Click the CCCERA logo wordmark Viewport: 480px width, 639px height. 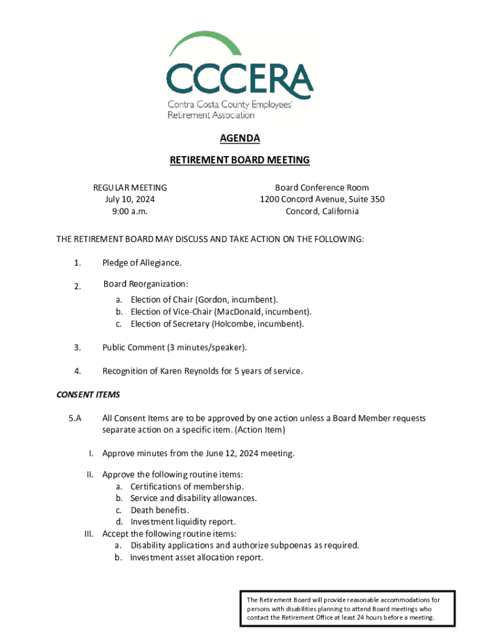[239, 78]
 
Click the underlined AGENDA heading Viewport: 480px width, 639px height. [239, 139]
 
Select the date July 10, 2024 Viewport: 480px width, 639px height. [130, 199]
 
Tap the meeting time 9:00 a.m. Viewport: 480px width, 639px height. [130, 211]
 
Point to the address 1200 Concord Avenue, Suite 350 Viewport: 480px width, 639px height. [322, 199]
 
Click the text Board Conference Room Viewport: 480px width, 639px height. [322, 187]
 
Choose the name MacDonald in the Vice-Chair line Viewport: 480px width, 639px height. [238, 312]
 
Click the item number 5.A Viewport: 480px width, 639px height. [75, 418]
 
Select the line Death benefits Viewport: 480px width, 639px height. [156, 510]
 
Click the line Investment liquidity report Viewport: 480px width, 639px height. [183, 522]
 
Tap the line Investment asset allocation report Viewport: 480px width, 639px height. [196, 557]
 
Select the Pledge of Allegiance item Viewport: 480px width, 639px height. [142, 263]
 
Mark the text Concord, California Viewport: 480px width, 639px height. [322, 211]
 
